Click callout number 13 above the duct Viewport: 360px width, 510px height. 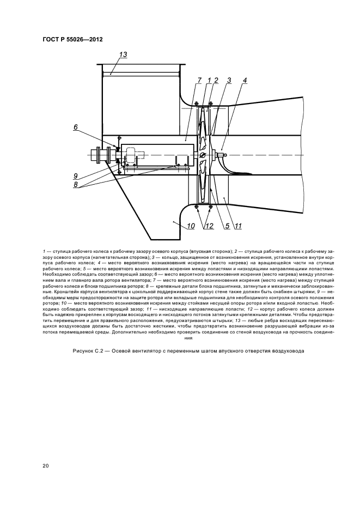[123, 55]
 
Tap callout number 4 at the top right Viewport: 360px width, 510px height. [245, 81]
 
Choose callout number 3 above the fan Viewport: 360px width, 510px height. [229, 81]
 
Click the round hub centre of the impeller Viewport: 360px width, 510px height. [203, 155]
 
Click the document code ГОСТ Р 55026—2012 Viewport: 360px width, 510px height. [72, 40]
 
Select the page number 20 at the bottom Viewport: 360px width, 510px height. [46, 465]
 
